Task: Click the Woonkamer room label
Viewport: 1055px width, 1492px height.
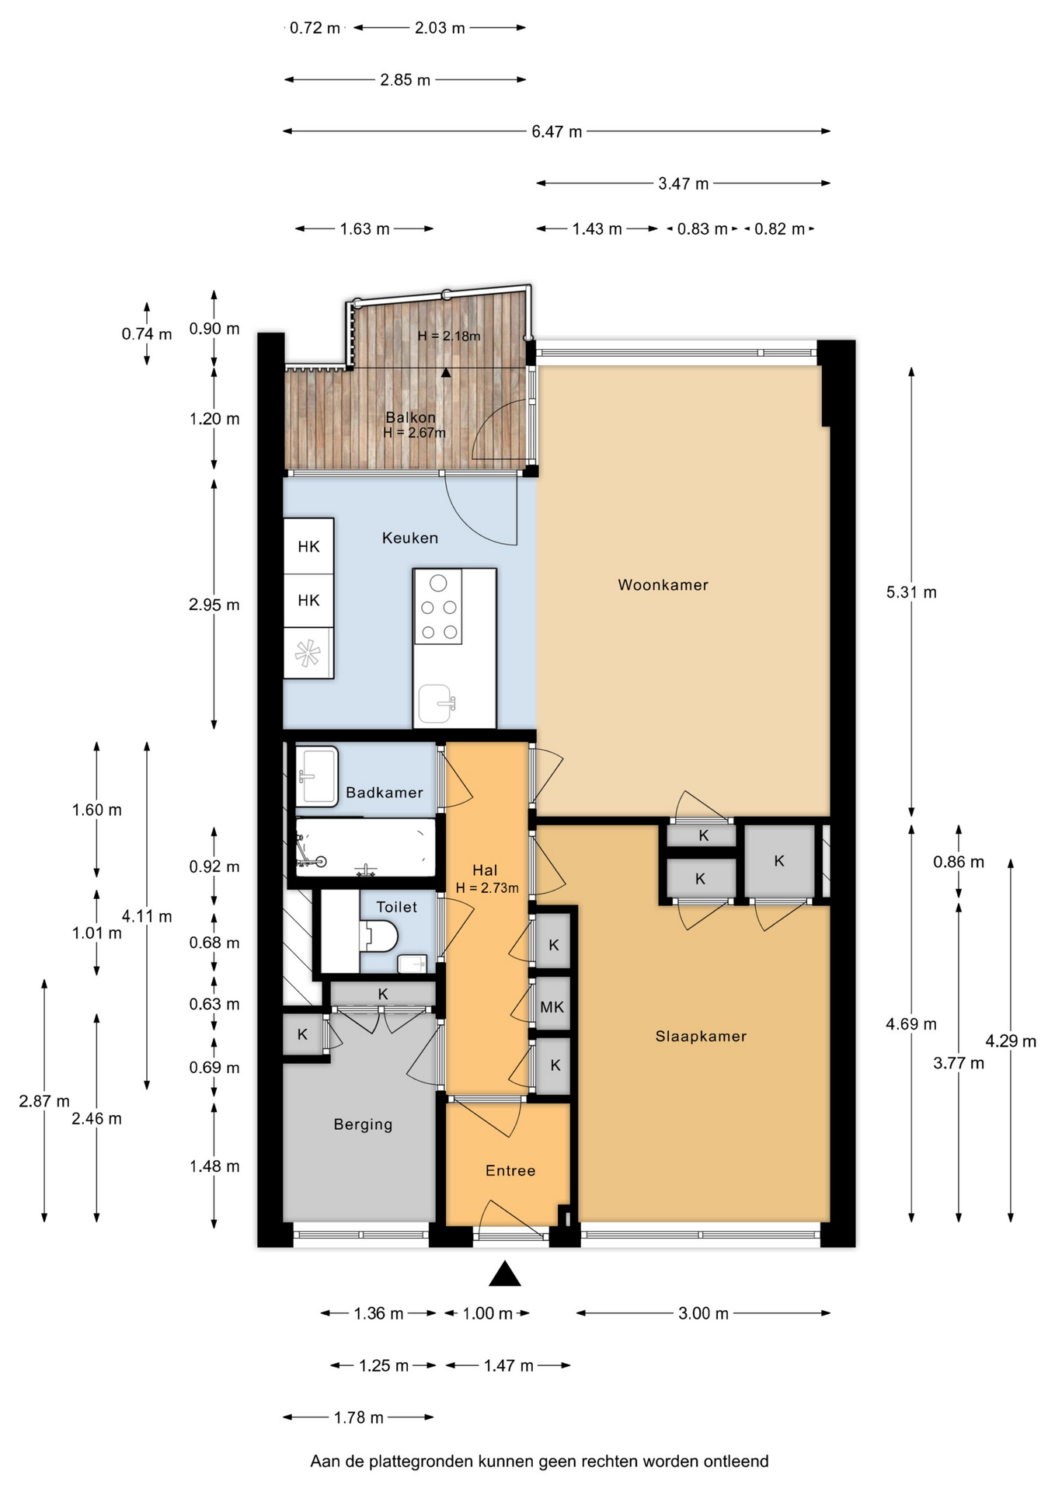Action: click(x=663, y=585)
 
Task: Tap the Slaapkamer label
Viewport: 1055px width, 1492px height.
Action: click(x=701, y=1036)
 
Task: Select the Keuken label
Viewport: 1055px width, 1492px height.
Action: click(x=410, y=538)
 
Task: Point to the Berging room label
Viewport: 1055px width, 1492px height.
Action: click(x=363, y=1124)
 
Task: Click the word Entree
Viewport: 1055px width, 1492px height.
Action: click(x=510, y=1170)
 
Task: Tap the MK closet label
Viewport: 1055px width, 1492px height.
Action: click(x=552, y=1007)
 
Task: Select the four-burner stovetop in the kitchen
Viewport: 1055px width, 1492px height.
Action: click(x=438, y=607)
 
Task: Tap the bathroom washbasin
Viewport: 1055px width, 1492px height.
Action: click(x=317, y=776)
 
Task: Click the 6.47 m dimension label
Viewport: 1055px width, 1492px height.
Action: click(x=556, y=132)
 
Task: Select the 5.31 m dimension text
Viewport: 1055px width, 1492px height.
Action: click(x=911, y=592)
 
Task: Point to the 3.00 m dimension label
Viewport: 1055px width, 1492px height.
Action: click(x=703, y=1313)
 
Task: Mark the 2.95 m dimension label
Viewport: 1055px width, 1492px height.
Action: click(x=214, y=605)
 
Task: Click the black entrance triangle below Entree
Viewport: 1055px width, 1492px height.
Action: click(x=504, y=1274)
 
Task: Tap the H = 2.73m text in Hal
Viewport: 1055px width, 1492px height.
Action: click(x=487, y=887)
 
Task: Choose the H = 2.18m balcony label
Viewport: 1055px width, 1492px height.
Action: click(x=449, y=336)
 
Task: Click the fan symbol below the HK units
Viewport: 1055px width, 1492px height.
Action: click(x=307, y=653)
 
